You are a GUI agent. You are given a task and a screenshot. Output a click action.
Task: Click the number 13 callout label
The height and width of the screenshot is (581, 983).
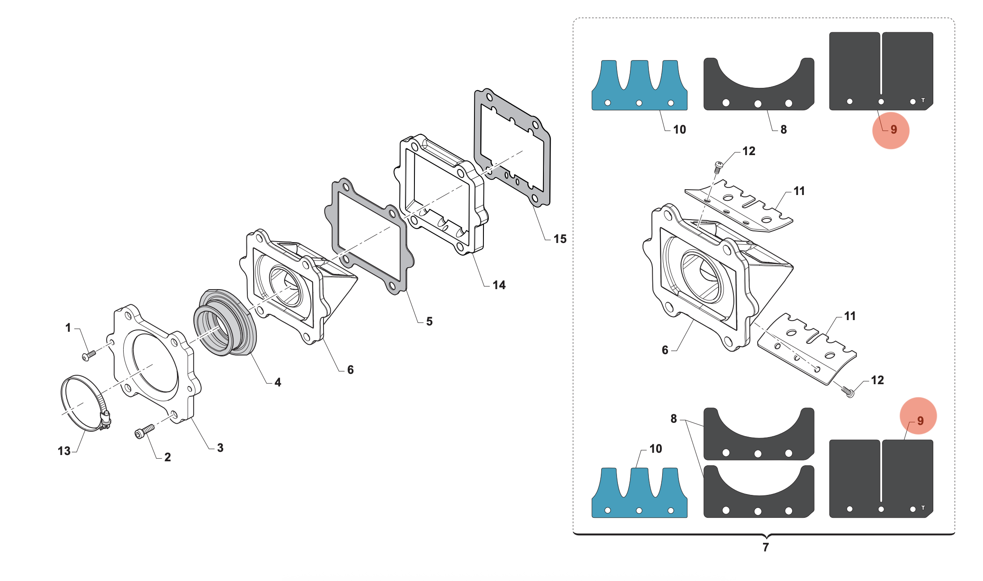click(64, 451)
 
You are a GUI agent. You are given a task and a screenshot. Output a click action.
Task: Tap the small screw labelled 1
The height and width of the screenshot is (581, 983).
click(89, 355)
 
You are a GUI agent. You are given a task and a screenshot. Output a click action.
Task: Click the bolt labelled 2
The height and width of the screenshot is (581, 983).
click(144, 432)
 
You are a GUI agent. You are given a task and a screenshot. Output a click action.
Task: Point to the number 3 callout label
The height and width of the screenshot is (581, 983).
click(220, 447)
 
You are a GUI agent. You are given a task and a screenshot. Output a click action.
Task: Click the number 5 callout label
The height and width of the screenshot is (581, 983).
click(429, 321)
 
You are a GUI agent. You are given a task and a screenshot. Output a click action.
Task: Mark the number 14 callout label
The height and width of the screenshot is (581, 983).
click(499, 285)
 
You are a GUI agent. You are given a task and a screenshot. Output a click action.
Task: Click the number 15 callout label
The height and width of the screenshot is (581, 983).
click(560, 239)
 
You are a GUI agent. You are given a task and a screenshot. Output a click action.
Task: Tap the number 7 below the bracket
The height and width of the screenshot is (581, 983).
click(766, 547)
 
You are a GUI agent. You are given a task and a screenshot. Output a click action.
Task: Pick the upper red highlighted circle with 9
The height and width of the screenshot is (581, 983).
click(891, 130)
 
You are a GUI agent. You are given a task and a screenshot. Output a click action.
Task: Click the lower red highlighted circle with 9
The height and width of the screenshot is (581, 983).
click(918, 416)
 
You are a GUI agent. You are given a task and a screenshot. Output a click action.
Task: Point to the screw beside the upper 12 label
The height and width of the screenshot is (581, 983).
click(718, 167)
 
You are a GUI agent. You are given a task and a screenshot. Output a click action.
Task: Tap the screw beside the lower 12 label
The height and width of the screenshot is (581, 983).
click(848, 392)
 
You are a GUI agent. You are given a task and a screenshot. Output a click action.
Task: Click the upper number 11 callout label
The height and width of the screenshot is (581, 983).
click(799, 191)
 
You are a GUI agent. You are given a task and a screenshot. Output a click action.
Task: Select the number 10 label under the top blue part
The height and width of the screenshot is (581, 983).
click(679, 130)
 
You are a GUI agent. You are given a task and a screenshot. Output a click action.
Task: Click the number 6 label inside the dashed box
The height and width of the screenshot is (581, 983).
click(665, 350)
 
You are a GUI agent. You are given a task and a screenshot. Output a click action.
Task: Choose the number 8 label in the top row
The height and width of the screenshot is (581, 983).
click(783, 130)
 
